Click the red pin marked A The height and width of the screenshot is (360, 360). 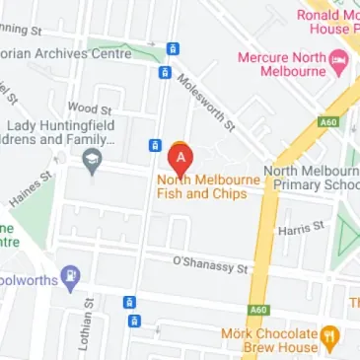coord(180,158)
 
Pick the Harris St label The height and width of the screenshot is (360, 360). coord(301,228)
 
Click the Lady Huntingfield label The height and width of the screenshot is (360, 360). coord(61,132)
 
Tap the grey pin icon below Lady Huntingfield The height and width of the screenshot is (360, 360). coord(94,161)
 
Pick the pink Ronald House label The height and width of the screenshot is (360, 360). coord(327,22)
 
